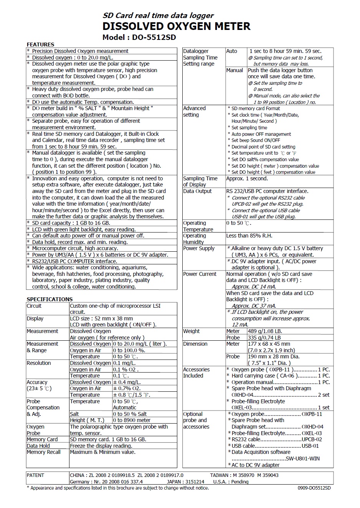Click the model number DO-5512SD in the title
[x=154, y=37]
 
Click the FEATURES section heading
[x=40, y=45]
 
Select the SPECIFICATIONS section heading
[x=50, y=299]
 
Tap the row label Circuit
[x=34, y=306]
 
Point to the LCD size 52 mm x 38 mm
[x=101, y=318]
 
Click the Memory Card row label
[x=42, y=439]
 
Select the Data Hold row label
[x=38, y=446]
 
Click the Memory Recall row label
[x=44, y=452]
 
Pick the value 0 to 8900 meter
[x=132, y=420]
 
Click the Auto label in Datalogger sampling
[x=232, y=51]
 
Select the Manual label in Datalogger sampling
[x=234, y=70]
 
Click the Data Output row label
[x=197, y=191]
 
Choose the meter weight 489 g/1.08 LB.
[x=265, y=331]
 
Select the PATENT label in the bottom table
[x=36, y=475]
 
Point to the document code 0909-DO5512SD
[x=314, y=488]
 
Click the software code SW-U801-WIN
[x=303, y=459]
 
